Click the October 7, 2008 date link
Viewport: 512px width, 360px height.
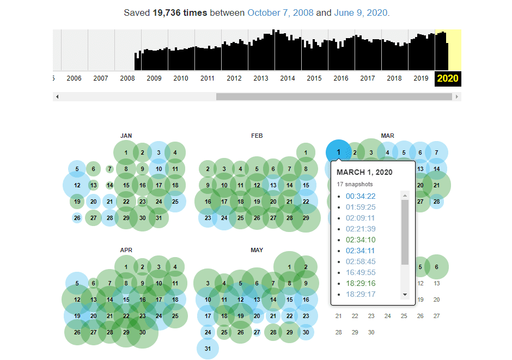tap(281, 13)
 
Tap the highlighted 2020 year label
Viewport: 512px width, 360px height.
tap(448, 78)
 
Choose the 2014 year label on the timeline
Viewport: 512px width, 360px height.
tap(288, 78)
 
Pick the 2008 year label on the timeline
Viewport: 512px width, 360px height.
tap(127, 78)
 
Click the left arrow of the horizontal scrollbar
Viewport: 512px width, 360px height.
tap(57, 97)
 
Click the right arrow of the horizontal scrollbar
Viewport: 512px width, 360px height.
tap(457, 97)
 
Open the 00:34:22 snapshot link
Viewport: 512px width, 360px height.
tap(360, 196)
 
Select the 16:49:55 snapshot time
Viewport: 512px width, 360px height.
tap(360, 272)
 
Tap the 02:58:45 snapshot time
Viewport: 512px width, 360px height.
tap(360, 261)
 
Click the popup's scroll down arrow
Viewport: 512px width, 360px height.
tap(405, 295)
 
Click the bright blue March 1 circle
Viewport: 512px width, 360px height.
tap(338, 152)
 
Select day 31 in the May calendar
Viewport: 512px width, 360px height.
tap(208, 349)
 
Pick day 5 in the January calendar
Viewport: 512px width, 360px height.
tap(77, 169)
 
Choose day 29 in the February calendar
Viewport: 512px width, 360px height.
tap(306, 218)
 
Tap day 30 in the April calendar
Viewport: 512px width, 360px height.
tap(142, 332)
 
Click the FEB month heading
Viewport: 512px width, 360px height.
tap(257, 136)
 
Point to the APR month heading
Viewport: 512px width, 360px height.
tap(126, 250)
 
